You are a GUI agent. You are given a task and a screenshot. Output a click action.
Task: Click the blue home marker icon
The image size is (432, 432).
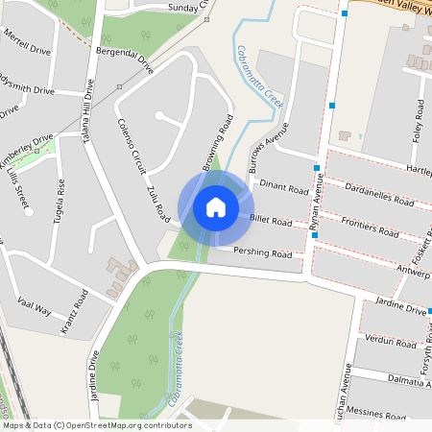[216, 207]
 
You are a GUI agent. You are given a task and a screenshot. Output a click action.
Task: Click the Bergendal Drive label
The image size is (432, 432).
[125, 63]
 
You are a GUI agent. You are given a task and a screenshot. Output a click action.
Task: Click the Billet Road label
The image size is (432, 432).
[271, 221]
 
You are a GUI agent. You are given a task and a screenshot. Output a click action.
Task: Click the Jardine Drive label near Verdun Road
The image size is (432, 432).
[401, 309]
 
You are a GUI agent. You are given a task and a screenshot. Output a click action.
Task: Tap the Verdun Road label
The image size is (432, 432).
[389, 340]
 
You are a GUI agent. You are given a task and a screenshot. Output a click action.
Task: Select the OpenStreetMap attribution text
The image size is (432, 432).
[97, 424]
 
